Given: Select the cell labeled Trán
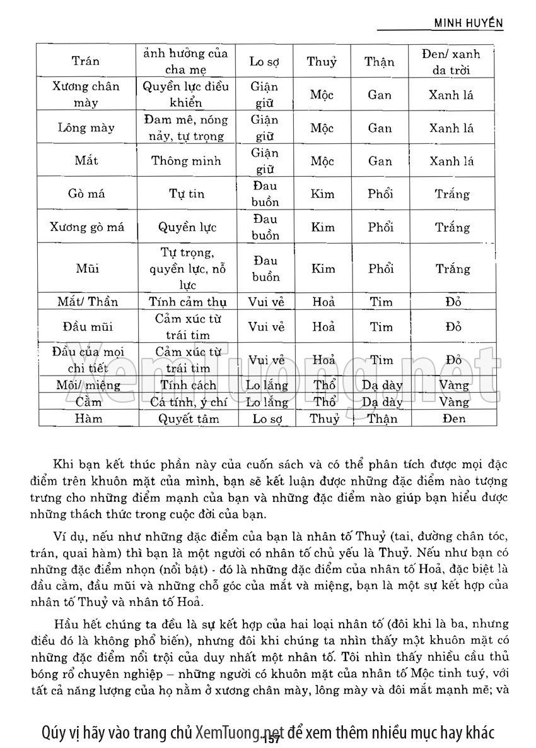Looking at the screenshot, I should [x=86, y=62].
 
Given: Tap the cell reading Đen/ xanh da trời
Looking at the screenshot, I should [x=451, y=62].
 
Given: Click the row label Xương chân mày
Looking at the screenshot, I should [x=86, y=94].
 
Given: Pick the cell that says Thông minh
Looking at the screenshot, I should [x=186, y=160].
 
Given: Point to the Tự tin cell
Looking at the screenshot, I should [x=186, y=194].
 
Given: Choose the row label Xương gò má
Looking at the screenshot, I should [x=87, y=227].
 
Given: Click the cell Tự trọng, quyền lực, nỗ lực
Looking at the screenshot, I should [x=186, y=269].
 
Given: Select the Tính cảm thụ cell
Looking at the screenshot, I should [x=186, y=302].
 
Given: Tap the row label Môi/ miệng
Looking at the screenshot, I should [x=86, y=385].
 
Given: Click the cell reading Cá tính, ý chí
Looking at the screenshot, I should [x=187, y=401].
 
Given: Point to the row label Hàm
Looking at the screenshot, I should [x=86, y=418].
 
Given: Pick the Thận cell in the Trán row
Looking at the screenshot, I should [x=380, y=62].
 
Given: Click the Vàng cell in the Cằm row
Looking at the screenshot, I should [x=452, y=401].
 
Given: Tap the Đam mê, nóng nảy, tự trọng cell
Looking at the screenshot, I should [x=186, y=128].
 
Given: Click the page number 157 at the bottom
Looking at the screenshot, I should [x=272, y=739].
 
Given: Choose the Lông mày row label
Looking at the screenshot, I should [x=86, y=128].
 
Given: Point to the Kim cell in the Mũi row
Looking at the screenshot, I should [x=322, y=269].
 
